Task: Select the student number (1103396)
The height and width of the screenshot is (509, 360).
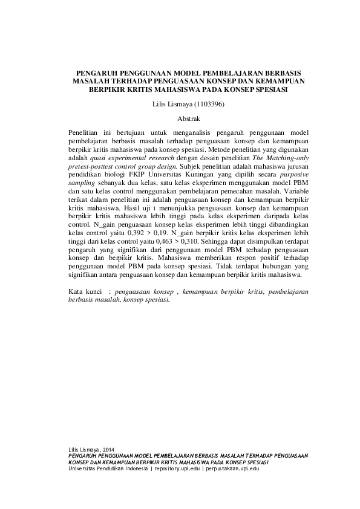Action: click(x=204, y=105)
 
